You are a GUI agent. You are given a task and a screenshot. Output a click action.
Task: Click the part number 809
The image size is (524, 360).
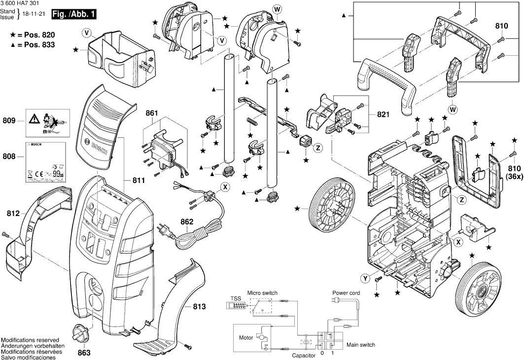pos(9,120)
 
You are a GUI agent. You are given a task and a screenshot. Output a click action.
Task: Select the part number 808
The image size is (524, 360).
pos(9,157)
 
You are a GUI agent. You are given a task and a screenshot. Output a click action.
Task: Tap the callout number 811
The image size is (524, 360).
pos(139,180)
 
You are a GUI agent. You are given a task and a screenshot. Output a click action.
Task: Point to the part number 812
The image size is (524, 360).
pos(13,214)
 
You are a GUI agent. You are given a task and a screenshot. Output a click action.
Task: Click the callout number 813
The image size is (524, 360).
pos(199,307)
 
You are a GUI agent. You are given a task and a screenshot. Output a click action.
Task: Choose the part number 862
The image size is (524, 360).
pos(187,221)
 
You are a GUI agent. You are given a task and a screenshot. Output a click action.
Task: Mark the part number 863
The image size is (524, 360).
pos(84,353)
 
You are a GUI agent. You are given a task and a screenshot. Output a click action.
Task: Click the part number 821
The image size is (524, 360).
pos(383,114)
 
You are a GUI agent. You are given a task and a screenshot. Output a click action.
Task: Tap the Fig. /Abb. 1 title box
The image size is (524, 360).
pos(75,15)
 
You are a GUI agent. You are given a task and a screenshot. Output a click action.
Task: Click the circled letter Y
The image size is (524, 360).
pos(365,279)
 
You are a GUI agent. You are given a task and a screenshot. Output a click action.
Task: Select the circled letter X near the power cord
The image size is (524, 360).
pos(225,187)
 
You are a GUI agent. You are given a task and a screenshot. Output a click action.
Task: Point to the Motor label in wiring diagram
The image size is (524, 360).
pos(246,338)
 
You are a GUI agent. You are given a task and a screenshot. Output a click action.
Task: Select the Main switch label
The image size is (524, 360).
pos(361,345)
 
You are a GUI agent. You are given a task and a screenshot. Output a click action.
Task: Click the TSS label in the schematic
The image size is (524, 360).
pos(235,299)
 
